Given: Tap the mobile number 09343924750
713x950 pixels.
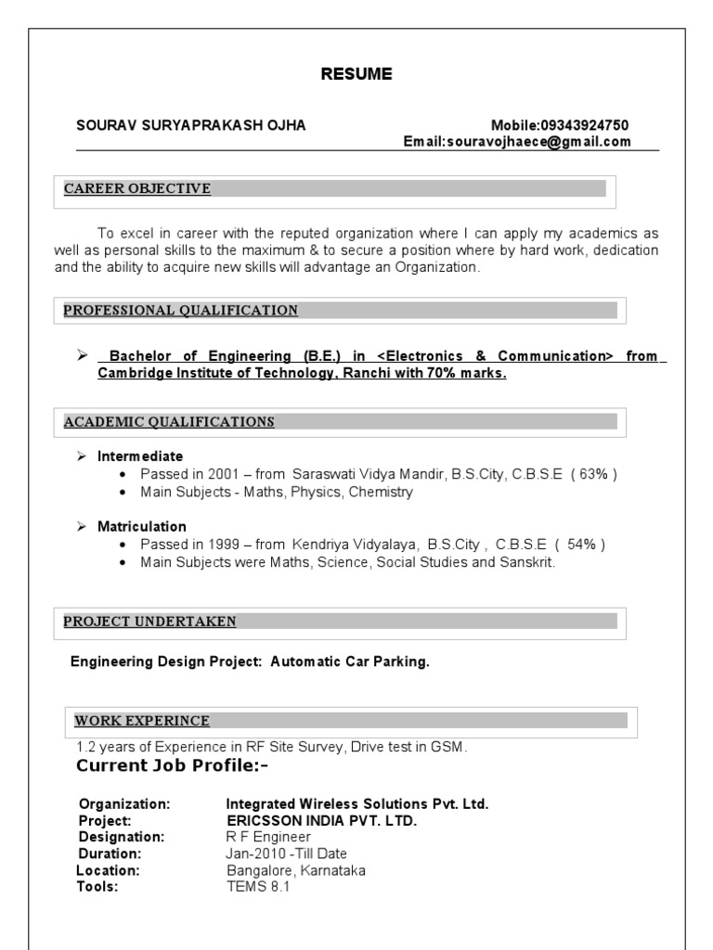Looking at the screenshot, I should (x=587, y=125).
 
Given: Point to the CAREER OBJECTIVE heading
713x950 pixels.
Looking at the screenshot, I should (x=137, y=189).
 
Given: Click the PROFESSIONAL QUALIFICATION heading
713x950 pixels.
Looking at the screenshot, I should (x=181, y=310).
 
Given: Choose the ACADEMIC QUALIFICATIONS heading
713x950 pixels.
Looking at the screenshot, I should (x=169, y=422).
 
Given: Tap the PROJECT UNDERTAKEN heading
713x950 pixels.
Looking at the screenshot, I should (x=149, y=621).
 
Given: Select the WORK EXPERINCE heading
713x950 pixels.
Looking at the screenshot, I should (x=142, y=721).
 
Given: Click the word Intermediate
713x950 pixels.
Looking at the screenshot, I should (x=140, y=456).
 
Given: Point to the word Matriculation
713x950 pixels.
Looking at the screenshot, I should (x=142, y=526).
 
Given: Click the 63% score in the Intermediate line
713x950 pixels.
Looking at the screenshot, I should (x=594, y=474).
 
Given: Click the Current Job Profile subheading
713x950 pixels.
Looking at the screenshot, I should (x=172, y=765).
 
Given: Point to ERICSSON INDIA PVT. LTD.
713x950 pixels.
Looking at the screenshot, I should (x=322, y=821).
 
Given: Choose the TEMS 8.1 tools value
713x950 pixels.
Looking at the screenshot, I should (x=259, y=887).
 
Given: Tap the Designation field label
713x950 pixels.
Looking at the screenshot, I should (x=122, y=837).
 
